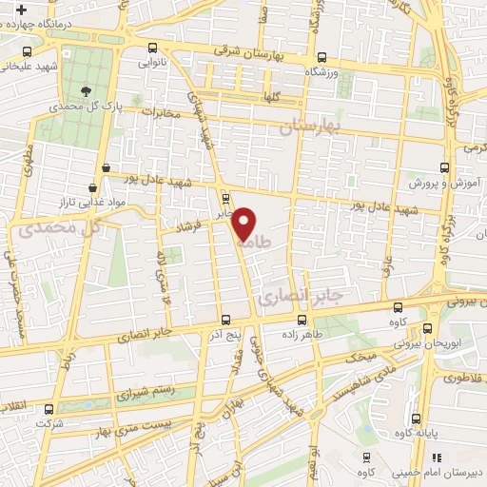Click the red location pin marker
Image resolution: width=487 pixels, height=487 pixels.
pyautogui.click(x=244, y=223)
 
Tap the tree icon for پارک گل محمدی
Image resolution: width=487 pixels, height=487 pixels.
pyautogui.click(x=88, y=91)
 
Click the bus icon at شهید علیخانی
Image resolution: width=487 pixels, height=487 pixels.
pyautogui.click(x=27, y=52)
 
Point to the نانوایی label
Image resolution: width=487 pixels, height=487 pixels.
pyautogui.click(x=152, y=63)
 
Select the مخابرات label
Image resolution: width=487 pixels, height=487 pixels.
pyautogui.click(x=160, y=113)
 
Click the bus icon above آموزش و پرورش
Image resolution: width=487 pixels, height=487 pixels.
pyautogui.click(x=442, y=166)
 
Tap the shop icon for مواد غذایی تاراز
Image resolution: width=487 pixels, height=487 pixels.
pyautogui.click(x=92, y=188)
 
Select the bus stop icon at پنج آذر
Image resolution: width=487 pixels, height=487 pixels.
pyautogui.click(x=224, y=321)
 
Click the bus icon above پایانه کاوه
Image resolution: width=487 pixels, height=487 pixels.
pyautogui.click(x=415, y=418)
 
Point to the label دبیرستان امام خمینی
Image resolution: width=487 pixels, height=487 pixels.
pyautogui.click(x=449, y=472)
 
